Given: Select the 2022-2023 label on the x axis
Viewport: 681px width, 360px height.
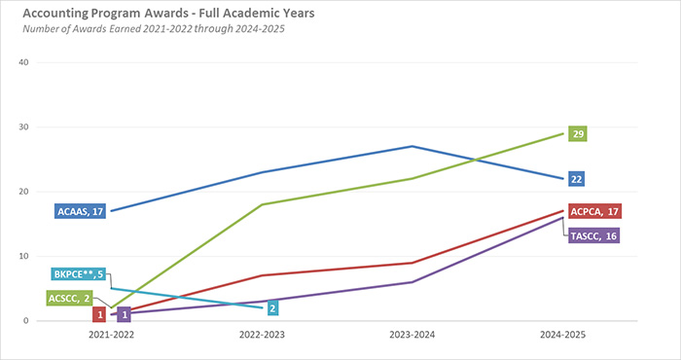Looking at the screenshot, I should point(263,334).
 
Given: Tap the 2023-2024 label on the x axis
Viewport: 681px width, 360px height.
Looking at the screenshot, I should point(412,334).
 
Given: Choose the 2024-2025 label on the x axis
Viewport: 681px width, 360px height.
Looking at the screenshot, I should point(562,334).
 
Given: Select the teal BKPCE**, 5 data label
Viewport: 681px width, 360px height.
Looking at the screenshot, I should point(79,275).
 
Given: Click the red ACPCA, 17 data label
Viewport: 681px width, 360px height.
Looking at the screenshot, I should point(594,211).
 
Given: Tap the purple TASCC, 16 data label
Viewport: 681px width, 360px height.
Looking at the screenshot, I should point(594,235).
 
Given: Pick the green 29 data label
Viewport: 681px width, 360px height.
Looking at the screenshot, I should point(577,132).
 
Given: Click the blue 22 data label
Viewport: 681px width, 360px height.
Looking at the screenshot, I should point(577,179).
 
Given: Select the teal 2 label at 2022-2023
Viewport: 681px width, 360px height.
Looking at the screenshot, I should point(273,308).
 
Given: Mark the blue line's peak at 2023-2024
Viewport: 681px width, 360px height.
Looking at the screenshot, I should point(412,146).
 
